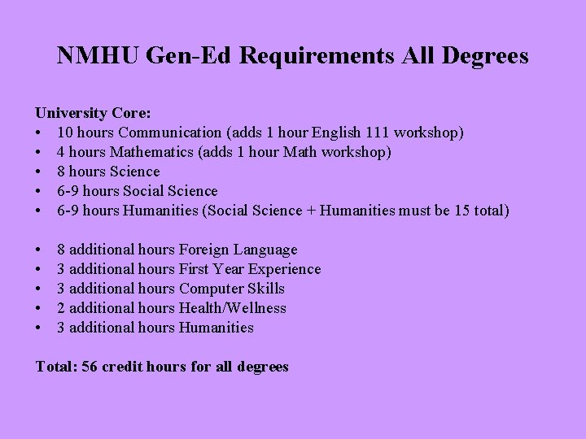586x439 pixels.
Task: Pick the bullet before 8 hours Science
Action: point(38,172)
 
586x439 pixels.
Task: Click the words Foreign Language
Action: point(238,250)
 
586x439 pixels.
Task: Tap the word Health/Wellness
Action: point(233,308)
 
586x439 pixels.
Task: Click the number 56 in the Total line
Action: point(90,367)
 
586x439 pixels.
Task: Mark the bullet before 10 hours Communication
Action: point(38,133)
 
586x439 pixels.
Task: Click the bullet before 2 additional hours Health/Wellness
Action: point(38,308)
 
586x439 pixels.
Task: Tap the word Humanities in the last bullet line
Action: point(216,328)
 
